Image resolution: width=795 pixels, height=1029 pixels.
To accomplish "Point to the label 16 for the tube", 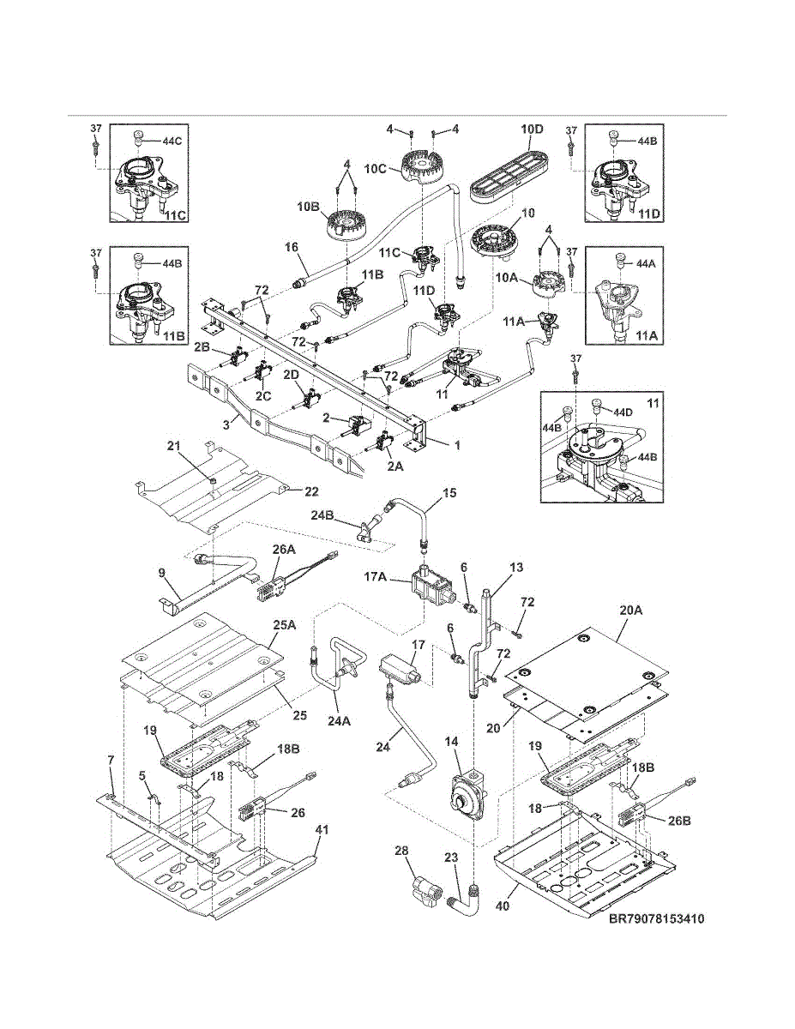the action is (292, 246).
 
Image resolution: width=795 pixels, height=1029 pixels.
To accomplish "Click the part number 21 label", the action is (173, 445).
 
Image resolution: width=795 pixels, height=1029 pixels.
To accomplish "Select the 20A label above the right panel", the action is (632, 611).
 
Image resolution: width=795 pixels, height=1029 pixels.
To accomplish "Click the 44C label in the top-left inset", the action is (172, 141).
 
